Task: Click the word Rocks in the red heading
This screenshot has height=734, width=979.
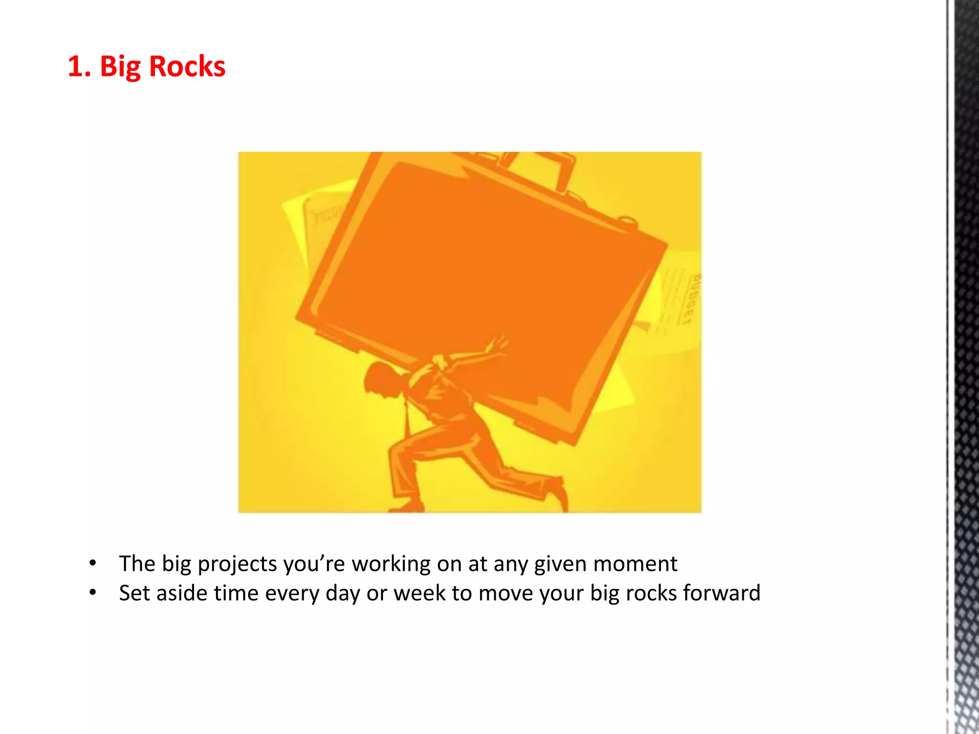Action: coord(187,66)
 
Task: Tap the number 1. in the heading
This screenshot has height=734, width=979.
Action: coord(79,66)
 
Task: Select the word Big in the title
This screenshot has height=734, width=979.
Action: coord(120,67)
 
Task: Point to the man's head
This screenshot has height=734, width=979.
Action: coord(382,380)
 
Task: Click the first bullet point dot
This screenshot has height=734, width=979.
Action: coord(93,563)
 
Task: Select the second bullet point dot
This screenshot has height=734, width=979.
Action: coord(93,593)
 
